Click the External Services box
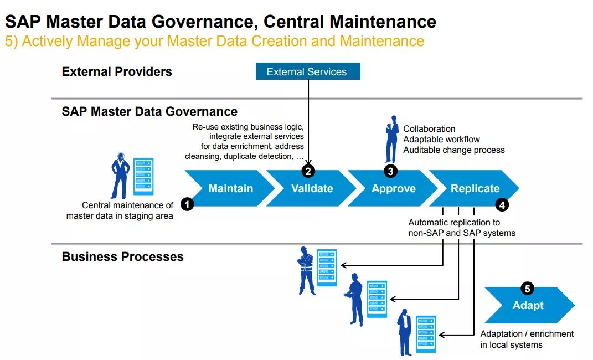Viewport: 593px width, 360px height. (307, 71)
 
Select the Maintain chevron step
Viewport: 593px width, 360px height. (230, 188)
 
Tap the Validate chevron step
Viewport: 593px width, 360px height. (312, 188)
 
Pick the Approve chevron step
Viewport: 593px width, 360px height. (393, 188)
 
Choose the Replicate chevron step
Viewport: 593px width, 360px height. (475, 188)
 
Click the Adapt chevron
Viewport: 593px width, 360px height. (528, 306)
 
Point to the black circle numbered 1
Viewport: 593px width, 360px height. (188, 204)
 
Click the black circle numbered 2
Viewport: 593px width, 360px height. (308, 171)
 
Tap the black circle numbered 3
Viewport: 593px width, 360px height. (390, 171)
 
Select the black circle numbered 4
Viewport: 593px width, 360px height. (502, 204)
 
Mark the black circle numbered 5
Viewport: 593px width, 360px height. (527, 289)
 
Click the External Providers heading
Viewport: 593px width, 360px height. (117, 71)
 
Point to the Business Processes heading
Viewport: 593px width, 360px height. (122, 256)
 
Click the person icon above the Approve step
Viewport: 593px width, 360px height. (391, 138)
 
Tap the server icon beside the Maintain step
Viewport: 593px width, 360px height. (143, 176)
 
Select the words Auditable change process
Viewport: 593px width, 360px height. (453, 150)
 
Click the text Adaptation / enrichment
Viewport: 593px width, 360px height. (527, 333)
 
